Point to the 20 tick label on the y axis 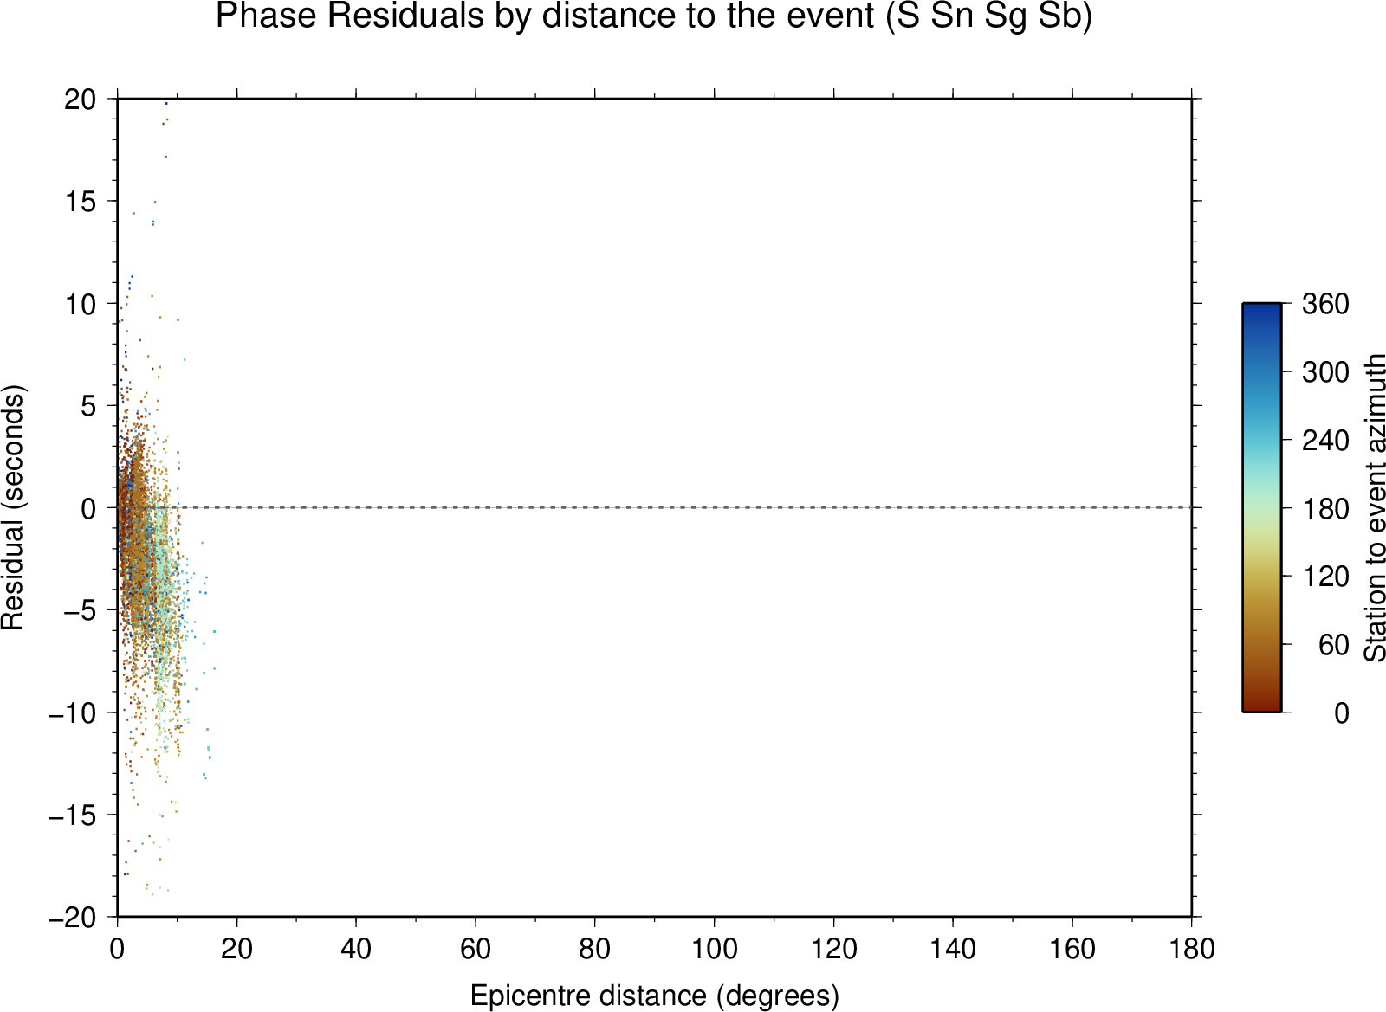pyautogui.click(x=81, y=100)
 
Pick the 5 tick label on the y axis pyautogui.click(x=88, y=406)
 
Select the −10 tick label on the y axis pyautogui.click(x=73, y=713)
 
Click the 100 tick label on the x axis pyautogui.click(x=714, y=949)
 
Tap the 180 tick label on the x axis pyautogui.click(x=1192, y=949)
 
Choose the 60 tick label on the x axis pyautogui.click(x=476, y=949)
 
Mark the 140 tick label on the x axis pyautogui.click(x=953, y=949)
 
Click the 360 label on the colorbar pyautogui.click(x=1325, y=304)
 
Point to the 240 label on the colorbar pyautogui.click(x=1325, y=441)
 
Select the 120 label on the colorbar pyautogui.click(x=1325, y=577)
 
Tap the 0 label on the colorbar pyautogui.click(x=1342, y=713)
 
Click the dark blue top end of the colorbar pyautogui.click(x=1261, y=306)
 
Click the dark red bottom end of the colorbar pyautogui.click(x=1261, y=708)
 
